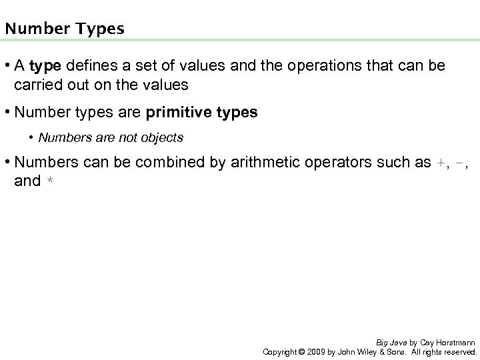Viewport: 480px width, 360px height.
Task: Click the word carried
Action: [x=38, y=85]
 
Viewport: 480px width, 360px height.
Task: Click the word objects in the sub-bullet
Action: [x=161, y=138]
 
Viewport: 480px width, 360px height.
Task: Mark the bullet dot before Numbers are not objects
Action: [x=32, y=138]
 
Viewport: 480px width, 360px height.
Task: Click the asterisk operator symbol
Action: [x=50, y=181]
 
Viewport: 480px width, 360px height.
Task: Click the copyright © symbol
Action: [x=301, y=351]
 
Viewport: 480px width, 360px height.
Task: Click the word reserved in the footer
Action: [x=459, y=351]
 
